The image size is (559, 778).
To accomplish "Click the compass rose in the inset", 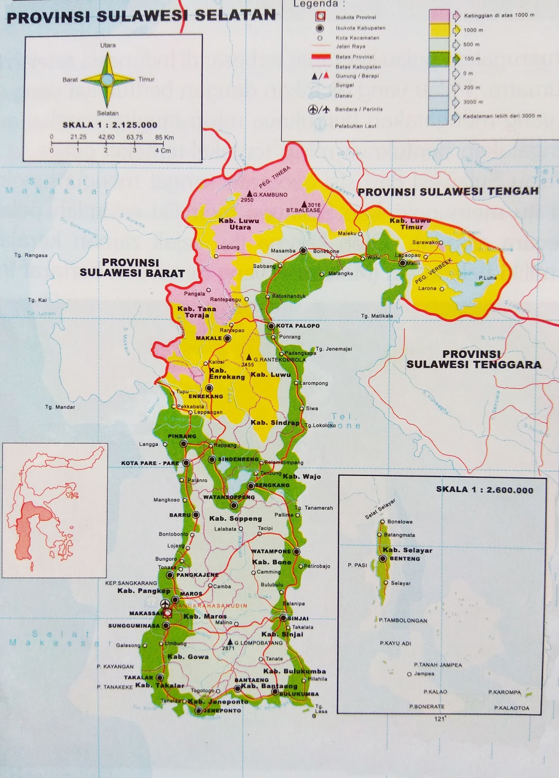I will pyautogui.click(x=108, y=79).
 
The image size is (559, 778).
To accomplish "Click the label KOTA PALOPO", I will pyautogui.click(x=298, y=326).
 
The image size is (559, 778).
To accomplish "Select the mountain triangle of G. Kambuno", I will pyautogui.click(x=249, y=193).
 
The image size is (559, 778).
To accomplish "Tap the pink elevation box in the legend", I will pyautogui.click(x=439, y=16).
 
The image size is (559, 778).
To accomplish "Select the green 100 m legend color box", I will pyautogui.click(x=439, y=59).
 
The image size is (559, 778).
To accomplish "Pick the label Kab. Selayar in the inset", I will pyautogui.click(x=407, y=550).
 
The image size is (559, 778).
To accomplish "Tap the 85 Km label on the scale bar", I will pyautogui.click(x=164, y=137).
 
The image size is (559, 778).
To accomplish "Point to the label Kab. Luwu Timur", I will pyautogui.click(x=410, y=224).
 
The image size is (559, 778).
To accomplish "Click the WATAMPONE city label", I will pyautogui.click(x=271, y=551).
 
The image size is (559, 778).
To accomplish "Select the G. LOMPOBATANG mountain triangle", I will pyautogui.click(x=228, y=642).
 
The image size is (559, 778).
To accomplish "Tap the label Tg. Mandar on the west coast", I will pyautogui.click(x=60, y=407).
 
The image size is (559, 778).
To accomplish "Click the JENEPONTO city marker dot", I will pyautogui.click(x=198, y=710).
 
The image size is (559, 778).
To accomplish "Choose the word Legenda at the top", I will pyautogui.click(x=316, y=4).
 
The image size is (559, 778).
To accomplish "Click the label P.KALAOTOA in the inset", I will pyautogui.click(x=511, y=707).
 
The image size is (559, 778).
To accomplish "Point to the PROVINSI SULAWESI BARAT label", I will pyautogui.click(x=132, y=267).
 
